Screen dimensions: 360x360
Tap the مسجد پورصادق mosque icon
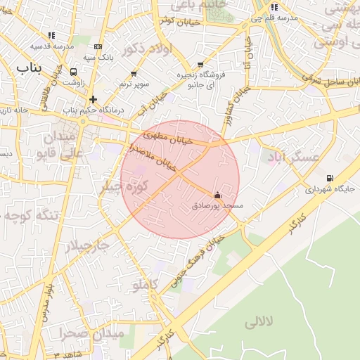pos(217,195)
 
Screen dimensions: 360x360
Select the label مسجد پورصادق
pos(218,206)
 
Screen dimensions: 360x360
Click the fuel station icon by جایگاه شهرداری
pos(330,178)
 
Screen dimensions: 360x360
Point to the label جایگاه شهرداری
pos(328,189)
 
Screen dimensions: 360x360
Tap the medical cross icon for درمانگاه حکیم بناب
pos(93,99)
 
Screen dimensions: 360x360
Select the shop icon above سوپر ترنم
pos(134,73)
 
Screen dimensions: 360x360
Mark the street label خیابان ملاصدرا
pos(153,156)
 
